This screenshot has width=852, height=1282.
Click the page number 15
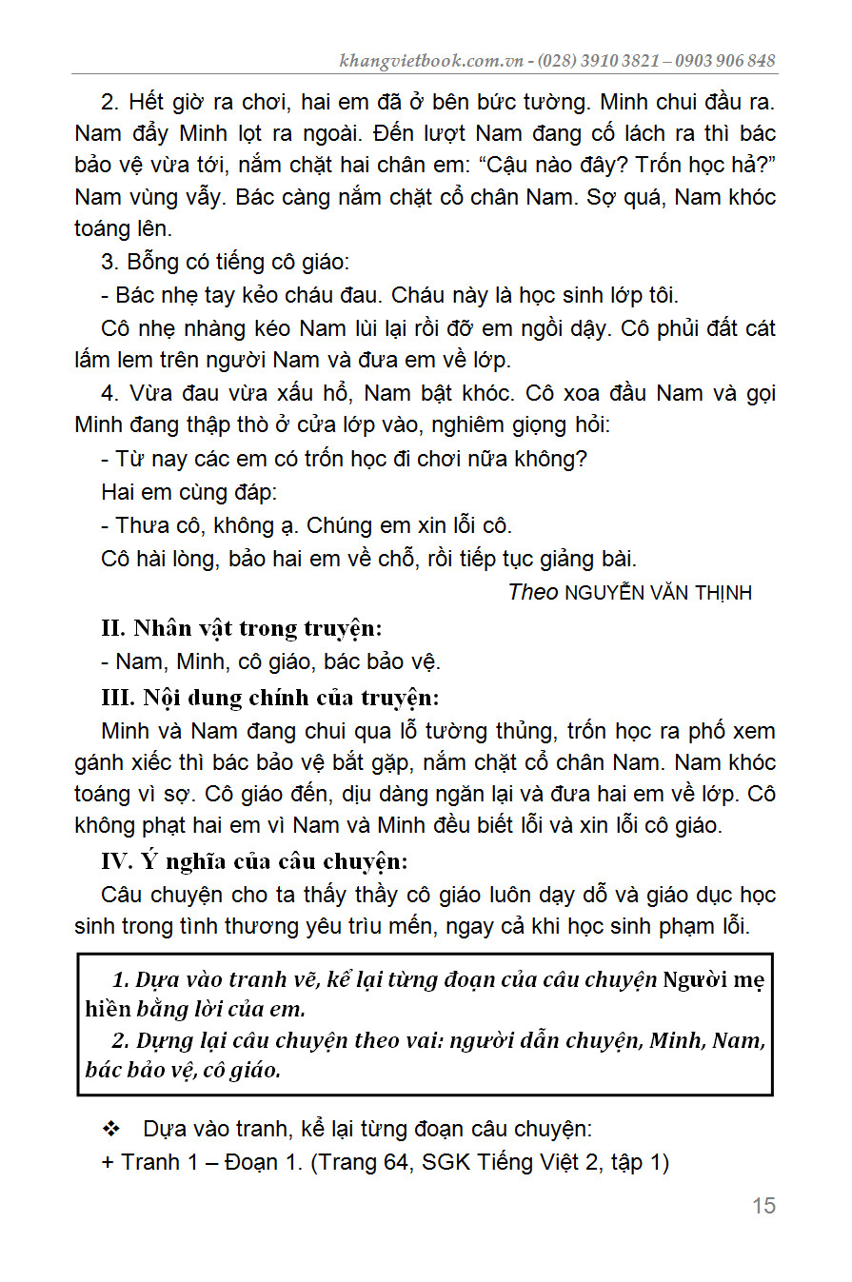[x=763, y=1206]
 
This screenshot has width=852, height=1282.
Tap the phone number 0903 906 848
[x=726, y=61]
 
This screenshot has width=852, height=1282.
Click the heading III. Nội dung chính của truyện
[x=270, y=698]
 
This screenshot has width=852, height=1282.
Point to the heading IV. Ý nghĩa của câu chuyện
[x=254, y=862]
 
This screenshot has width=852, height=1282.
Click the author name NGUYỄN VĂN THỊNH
[x=658, y=593]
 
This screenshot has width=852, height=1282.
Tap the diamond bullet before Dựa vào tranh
[x=111, y=1130]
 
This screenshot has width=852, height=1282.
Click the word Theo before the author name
[x=533, y=592]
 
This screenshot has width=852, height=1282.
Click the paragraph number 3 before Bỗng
[x=108, y=262]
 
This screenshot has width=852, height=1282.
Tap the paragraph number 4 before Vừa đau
[x=108, y=393]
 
